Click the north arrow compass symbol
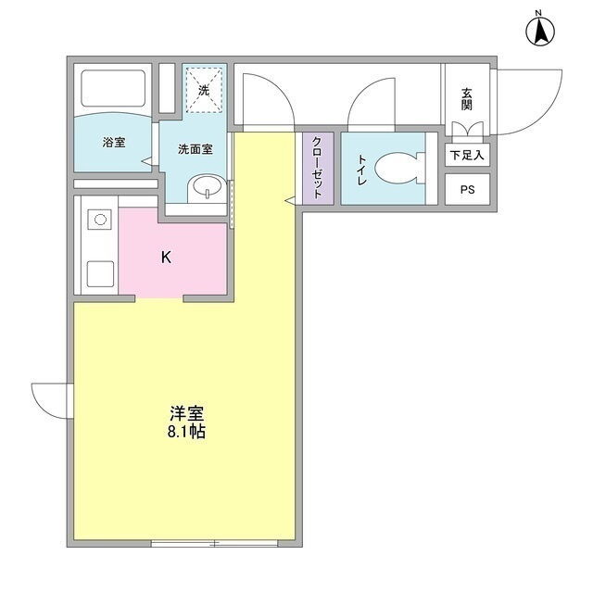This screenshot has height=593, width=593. (x=540, y=31)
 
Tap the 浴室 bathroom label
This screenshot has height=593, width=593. (x=114, y=143)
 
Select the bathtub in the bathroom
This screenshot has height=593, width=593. (x=113, y=88)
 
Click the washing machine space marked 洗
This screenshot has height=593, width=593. (x=204, y=90)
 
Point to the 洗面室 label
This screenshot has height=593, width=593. (x=196, y=149)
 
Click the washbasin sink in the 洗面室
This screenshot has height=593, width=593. (x=207, y=188)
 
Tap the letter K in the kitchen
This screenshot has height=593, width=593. (x=166, y=258)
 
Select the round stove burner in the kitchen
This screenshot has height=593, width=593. (x=100, y=220)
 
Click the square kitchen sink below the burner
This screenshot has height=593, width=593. (x=100, y=274)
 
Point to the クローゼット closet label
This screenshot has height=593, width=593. (x=318, y=168)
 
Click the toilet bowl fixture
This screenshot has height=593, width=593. (x=400, y=168)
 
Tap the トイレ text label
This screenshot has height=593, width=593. (x=362, y=170)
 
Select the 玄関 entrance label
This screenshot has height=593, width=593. (x=467, y=99)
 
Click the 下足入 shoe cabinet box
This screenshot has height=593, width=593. (x=467, y=155)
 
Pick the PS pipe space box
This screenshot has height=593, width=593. (x=467, y=189)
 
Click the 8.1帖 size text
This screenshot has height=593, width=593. (x=186, y=432)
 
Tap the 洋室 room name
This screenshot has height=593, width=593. (x=187, y=413)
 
